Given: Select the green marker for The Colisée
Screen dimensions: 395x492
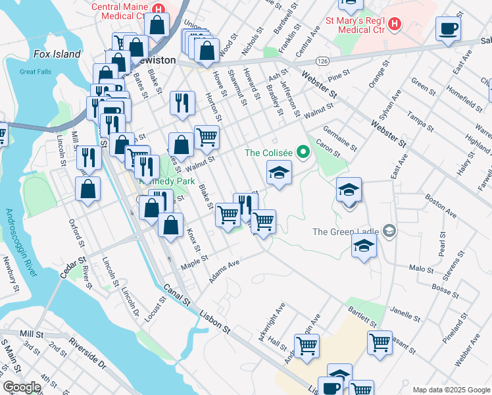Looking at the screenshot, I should [303, 153].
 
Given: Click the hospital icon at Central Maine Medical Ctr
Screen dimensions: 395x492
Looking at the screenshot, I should [158, 9].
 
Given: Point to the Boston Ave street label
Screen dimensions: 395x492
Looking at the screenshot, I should [440, 205].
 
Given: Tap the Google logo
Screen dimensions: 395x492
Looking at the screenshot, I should [22, 386].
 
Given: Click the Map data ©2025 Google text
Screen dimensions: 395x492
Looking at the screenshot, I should [451, 390].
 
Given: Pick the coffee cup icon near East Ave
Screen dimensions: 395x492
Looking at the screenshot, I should [448, 29].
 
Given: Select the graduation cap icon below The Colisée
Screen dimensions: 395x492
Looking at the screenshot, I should [279, 174].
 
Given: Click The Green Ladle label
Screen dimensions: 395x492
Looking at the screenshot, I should [347, 232].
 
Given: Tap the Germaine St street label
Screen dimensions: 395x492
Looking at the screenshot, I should [341, 139].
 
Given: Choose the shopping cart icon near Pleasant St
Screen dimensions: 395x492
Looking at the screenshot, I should [380, 342].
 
